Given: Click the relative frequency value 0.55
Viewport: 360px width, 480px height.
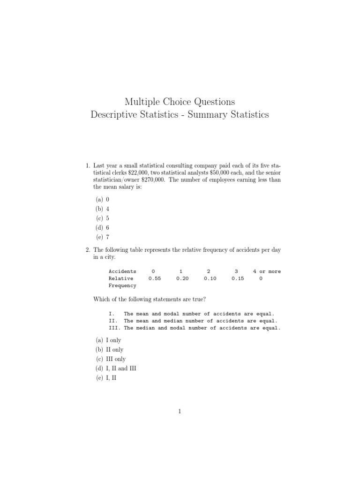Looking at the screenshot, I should coord(155,278).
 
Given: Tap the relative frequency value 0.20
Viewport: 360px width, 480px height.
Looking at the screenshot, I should coord(182,278).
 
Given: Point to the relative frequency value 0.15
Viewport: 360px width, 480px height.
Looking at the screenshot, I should coord(238,278).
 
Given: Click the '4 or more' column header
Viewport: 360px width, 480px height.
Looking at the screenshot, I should coord(267,271).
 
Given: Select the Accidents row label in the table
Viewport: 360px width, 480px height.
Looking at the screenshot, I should coord(122,271).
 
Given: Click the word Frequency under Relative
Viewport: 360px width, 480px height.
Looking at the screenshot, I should coord(122,285).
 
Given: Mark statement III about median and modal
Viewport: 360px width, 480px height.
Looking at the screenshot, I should coord(194,328).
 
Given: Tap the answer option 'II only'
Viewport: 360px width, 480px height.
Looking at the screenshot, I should coord(109,350).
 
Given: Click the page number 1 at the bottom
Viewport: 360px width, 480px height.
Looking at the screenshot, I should coord(180,412).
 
